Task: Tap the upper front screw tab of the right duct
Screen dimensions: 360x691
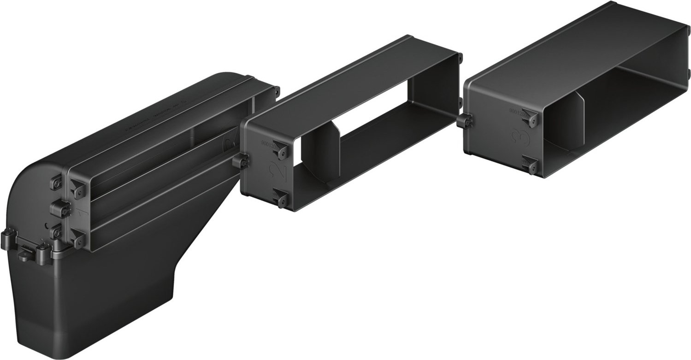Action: (531, 119)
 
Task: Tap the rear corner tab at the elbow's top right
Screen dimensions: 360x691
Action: (277, 91)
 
